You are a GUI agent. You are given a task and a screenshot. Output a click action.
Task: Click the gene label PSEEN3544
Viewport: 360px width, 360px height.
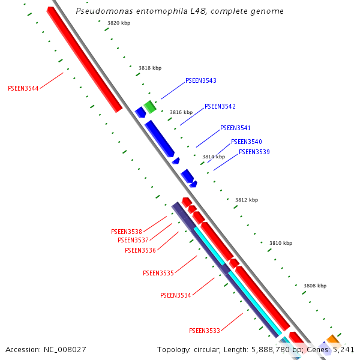pos(23,88)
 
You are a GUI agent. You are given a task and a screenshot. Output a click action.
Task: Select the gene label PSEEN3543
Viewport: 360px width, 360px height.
pos(201,80)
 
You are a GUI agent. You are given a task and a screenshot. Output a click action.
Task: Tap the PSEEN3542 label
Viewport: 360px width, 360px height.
pos(220,106)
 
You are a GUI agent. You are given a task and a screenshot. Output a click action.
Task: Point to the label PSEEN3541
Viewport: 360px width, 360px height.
pos(235,128)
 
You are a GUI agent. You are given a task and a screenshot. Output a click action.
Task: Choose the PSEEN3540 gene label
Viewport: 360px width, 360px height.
pos(246,142)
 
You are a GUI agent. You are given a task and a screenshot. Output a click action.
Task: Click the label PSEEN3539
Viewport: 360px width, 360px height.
pos(254,152)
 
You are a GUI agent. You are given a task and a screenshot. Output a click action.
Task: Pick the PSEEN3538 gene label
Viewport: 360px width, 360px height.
pos(127,232)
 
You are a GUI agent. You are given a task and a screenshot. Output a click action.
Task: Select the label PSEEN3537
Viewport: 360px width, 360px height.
pos(133,240)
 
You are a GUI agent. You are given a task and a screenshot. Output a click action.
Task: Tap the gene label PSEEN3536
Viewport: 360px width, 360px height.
pos(140,250)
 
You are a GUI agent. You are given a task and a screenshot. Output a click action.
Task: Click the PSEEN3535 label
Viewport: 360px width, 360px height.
pos(158,273)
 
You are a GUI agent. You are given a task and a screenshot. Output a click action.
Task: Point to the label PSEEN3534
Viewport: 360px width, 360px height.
pos(176,295)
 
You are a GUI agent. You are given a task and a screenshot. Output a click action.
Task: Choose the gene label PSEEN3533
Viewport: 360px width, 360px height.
pos(205,331)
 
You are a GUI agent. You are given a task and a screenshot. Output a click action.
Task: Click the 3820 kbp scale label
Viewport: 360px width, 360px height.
pos(119,23)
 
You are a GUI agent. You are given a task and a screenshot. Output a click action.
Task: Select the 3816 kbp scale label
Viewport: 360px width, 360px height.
pos(181,112)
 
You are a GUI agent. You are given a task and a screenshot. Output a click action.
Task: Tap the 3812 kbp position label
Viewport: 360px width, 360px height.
pos(247,200)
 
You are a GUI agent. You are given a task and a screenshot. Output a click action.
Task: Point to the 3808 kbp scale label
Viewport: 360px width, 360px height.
pos(315,286)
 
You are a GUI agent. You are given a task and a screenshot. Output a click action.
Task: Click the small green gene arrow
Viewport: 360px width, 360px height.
pos(150,107)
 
